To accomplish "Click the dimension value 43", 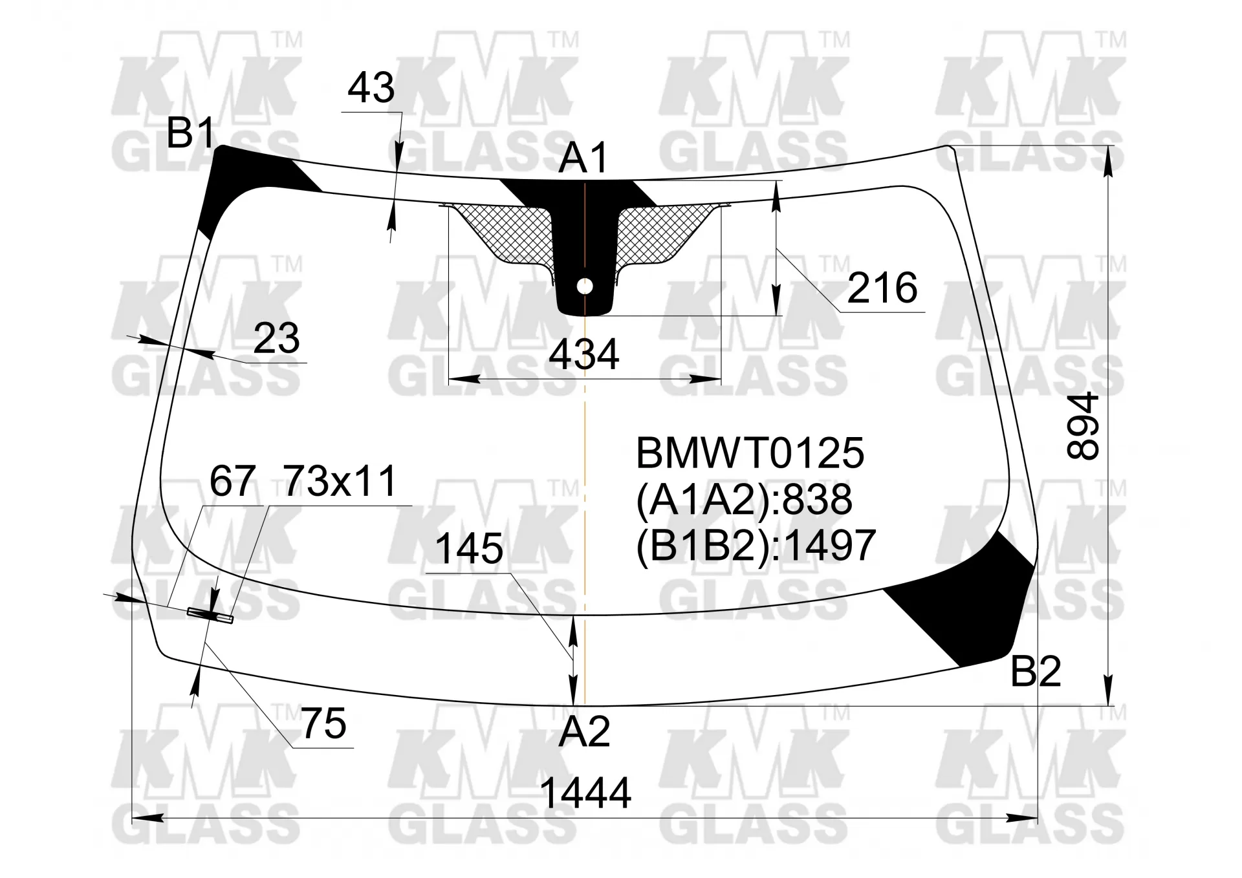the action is pos(371,88).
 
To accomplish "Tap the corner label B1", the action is pos(191,133).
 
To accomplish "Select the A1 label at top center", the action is pos(584,158).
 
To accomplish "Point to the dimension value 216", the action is pos(882,288).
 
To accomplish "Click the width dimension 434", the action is pos(584,354).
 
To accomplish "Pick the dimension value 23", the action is pos(276,337).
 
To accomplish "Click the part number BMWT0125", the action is pos(750,453).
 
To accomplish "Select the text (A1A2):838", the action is pos(745,499).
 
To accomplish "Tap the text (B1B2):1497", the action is pos(756,545).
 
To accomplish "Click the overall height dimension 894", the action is pos(1083,426).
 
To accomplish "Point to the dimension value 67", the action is pos(232,480).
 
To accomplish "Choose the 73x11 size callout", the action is pos(340,480).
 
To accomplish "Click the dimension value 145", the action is pos(469,549).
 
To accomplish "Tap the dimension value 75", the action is pos(324,723).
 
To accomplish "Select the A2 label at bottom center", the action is pos(584,732).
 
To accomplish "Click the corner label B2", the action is pos(1036,671).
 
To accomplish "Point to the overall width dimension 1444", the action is pos(585,793).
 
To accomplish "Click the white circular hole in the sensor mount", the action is pos(585,286).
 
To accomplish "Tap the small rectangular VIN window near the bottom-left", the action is pos(210,615).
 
